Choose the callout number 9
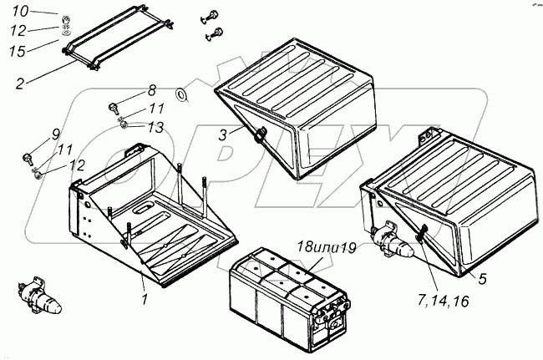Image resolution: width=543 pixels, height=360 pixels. (x=56, y=134)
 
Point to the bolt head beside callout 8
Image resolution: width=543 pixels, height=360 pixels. (x=114, y=107)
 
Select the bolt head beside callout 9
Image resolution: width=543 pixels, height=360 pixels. (x=28, y=155)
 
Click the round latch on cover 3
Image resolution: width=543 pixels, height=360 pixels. (x=258, y=134)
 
